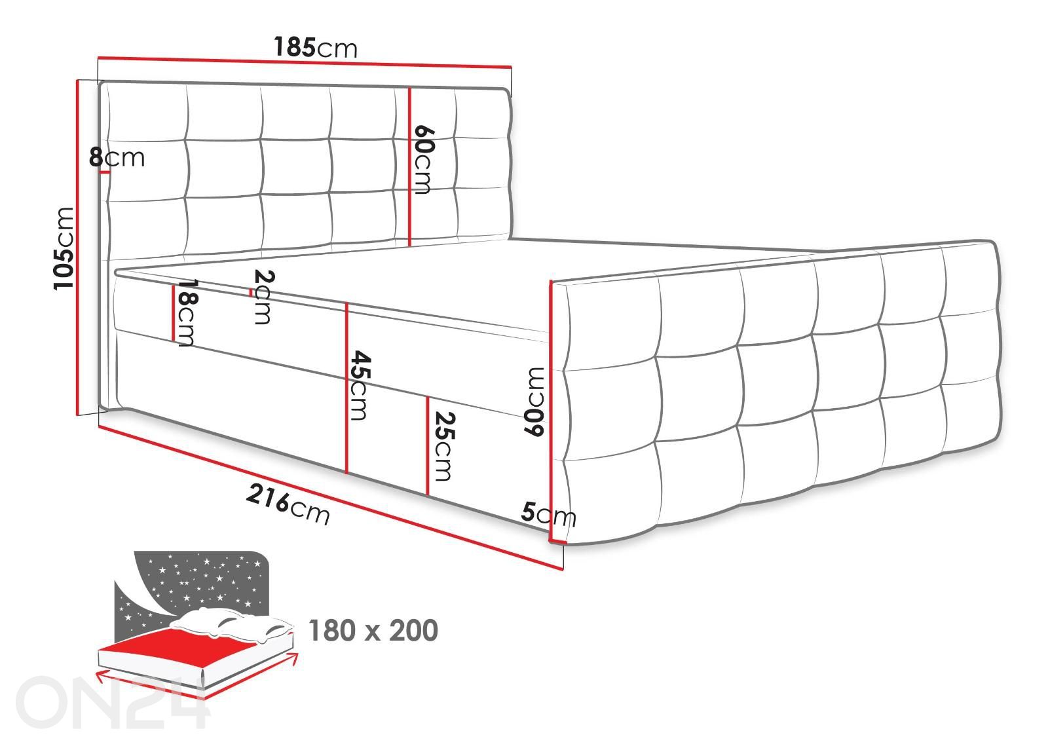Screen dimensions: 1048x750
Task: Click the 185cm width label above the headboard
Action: pos(315,47)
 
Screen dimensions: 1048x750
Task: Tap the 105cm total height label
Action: pos(64,249)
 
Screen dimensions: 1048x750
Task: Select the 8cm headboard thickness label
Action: pos(117,157)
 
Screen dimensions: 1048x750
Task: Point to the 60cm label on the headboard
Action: pos(423,160)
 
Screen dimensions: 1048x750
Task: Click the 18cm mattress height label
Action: pos(186,313)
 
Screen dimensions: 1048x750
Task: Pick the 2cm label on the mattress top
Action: pos(263,297)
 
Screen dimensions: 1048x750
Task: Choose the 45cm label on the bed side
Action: pos(360,385)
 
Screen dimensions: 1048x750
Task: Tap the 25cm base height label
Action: pos(443,446)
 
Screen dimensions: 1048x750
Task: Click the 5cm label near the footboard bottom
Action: pos(548,514)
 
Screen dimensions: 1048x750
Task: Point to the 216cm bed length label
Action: pos(288,505)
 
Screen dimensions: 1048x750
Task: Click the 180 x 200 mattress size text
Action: pos(373,631)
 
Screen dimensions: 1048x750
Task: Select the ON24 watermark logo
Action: pos(112,702)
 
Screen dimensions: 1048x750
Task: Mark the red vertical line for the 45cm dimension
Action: pos(346,388)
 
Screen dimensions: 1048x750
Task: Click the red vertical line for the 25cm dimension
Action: pos(428,446)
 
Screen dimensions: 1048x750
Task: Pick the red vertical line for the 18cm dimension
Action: pos(173,312)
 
